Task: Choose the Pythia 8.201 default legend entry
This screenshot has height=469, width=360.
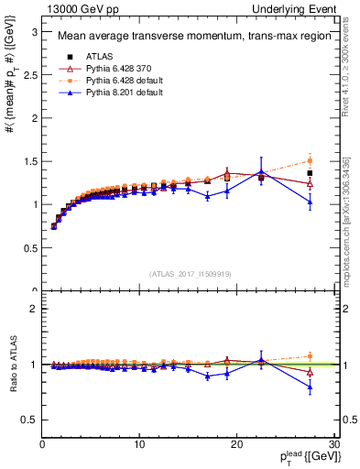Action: [106, 92]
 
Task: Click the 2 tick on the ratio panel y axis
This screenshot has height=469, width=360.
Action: [34, 309]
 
